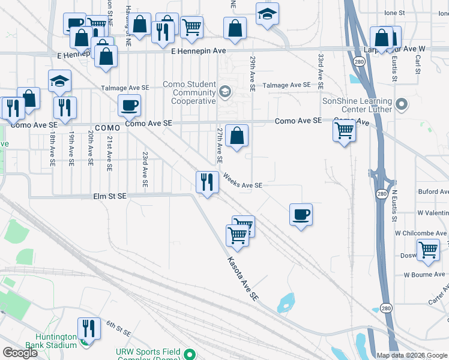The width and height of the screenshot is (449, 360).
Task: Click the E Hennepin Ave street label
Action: click(x=198, y=52)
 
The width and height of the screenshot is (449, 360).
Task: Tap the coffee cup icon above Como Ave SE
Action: click(x=129, y=106)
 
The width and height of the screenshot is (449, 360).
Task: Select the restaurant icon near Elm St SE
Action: click(x=207, y=181)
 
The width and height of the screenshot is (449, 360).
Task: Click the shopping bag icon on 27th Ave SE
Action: click(x=237, y=136)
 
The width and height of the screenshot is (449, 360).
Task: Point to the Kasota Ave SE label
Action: click(x=243, y=279)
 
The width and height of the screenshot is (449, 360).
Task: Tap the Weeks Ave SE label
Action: click(x=243, y=181)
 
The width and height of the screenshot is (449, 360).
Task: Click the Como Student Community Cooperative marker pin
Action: click(x=225, y=92)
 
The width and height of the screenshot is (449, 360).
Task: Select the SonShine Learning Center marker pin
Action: click(x=402, y=105)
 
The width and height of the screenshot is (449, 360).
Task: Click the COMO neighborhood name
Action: click(x=108, y=128)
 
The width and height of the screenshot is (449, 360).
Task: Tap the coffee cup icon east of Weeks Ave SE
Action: click(x=301, y=214)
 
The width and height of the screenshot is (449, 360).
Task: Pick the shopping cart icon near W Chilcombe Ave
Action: click(x=428, y=250)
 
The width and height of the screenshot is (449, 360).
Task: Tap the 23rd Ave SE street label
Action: click(x=145, y=169)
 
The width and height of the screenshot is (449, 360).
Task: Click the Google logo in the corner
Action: click(x=20, y=353)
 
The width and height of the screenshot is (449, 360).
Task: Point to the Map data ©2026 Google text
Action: click(x=411, y=355)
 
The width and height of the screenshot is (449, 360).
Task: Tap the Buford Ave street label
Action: click(x=435, y=192)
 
